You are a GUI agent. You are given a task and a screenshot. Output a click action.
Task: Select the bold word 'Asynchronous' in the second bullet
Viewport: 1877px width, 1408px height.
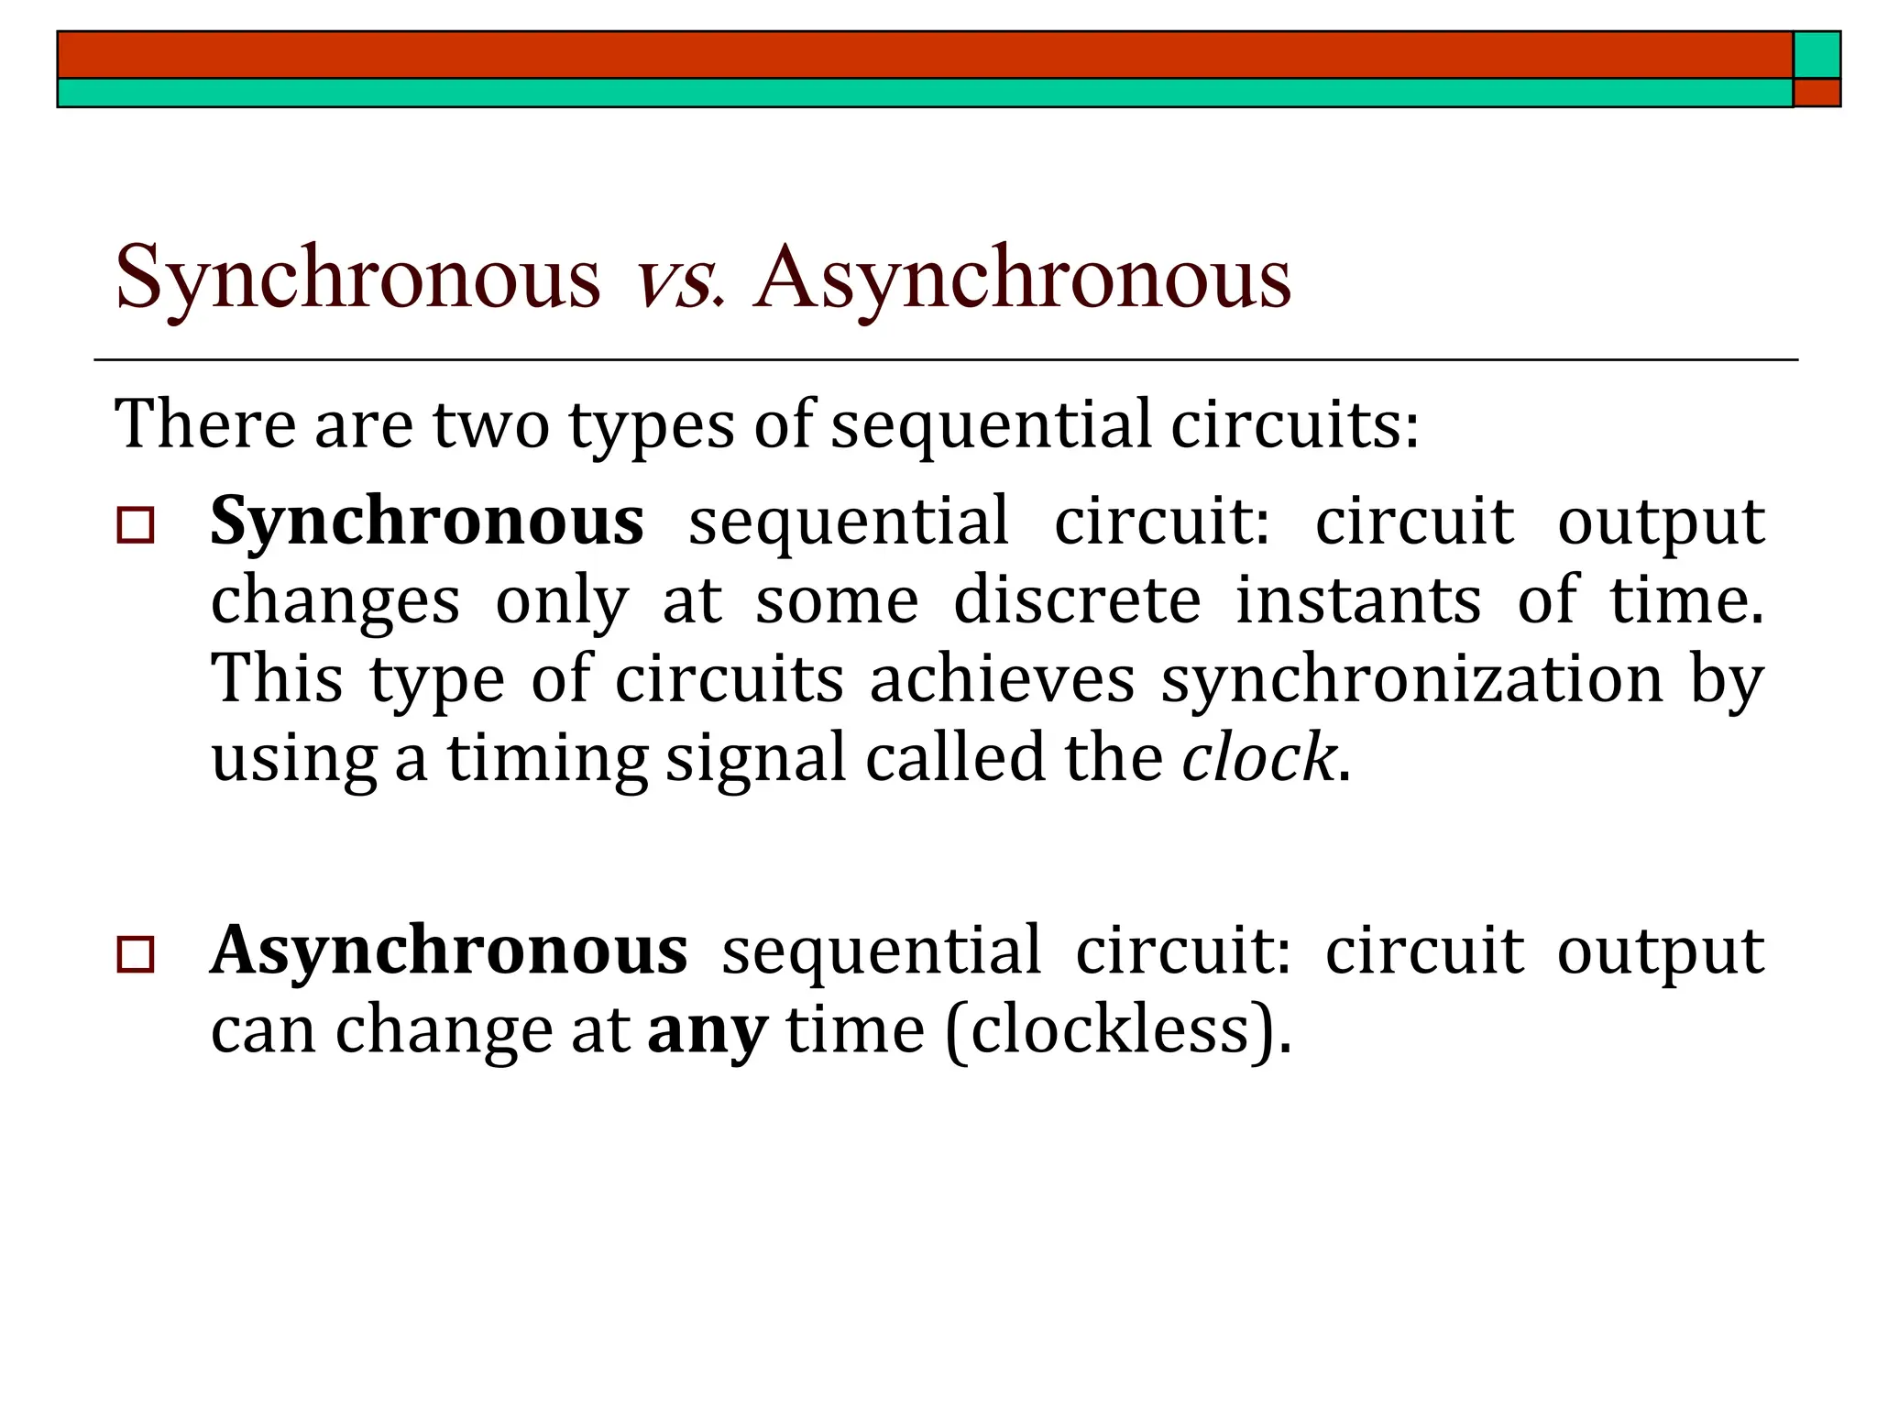point(449,951)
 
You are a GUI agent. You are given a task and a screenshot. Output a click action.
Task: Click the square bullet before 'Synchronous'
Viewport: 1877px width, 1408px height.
point(136,526)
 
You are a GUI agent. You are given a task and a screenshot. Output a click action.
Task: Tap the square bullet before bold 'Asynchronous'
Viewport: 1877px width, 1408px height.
point(136,955)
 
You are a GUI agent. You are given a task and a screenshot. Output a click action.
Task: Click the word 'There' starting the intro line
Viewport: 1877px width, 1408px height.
point(205,425)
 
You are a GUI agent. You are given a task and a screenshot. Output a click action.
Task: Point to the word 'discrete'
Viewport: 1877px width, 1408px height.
point(1077,601)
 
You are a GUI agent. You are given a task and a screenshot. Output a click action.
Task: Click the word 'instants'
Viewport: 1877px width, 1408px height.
point(1358,601)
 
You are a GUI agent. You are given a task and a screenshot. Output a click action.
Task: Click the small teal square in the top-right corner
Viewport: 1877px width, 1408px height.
point(1817,55)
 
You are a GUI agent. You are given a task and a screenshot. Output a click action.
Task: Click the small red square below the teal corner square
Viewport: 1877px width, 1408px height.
point(1817,93)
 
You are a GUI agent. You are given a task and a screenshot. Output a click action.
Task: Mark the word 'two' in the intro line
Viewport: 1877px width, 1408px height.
point(490,425)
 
